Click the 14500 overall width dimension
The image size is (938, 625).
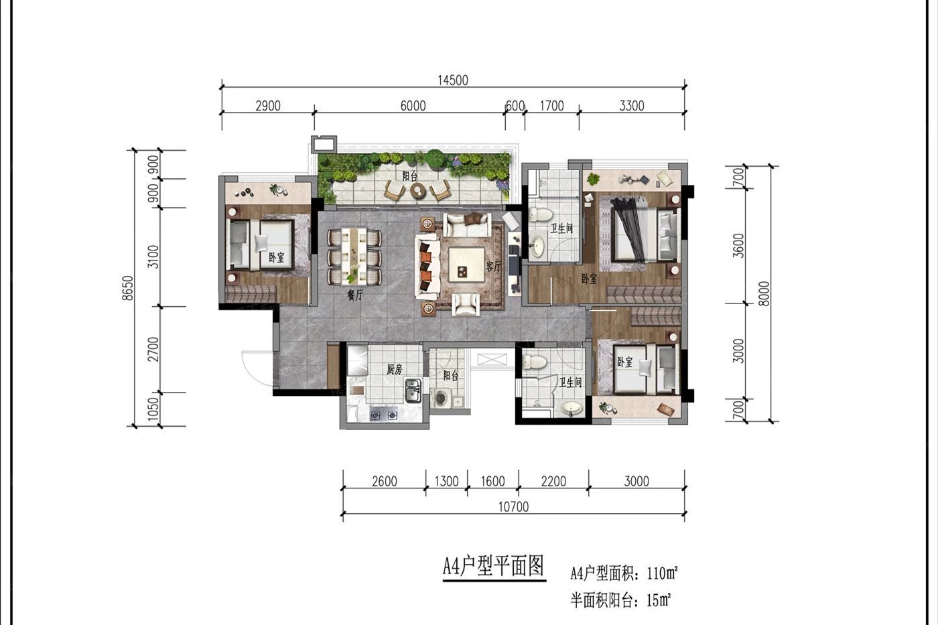tap(452, 80)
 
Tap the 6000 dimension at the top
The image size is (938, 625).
tap(413, 106)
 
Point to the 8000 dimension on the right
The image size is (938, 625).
tap(765, 293)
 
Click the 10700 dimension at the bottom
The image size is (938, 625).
tap(513, 506)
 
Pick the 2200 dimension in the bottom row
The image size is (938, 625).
tap(553, 481)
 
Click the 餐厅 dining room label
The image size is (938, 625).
tap(354, 295)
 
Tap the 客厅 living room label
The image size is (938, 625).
tap(494, 266)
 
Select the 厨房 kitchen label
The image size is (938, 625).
tap(395, 368)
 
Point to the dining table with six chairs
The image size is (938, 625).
tap(354, 257)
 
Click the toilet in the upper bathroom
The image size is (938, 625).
tap(541, 215)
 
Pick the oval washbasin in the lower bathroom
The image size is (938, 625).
tap(571, 407)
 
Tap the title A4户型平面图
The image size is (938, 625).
tap(493, 567)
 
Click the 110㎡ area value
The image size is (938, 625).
tap(661, 573)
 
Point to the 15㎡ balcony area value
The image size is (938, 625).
tap(659, 600)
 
